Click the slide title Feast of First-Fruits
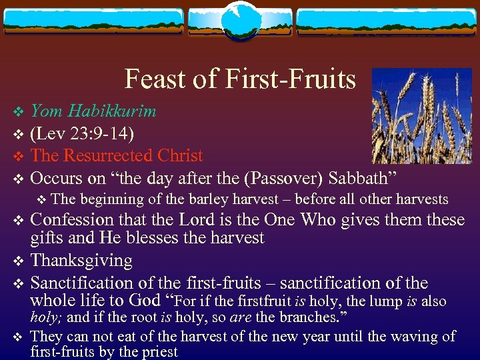(x=240, y=79)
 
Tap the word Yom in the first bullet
(x=45, y=111)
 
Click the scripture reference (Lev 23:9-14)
(x=83, y=133)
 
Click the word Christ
(x=180, y=155)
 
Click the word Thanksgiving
(x=82, y=260)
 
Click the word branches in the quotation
(x=296, y=318)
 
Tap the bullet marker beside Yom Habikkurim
(x=19, y=111)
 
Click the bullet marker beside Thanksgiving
(x=19, y=261)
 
